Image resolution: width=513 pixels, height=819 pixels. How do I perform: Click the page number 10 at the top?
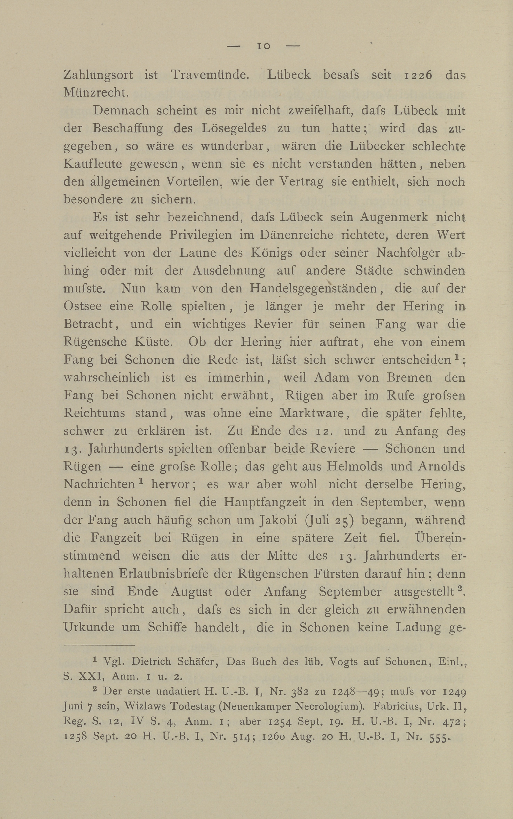coord(264,46)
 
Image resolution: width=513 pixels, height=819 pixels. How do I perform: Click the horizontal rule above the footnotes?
coord(99,645)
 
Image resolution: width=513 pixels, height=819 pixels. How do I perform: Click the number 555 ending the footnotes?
coord(437,738)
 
